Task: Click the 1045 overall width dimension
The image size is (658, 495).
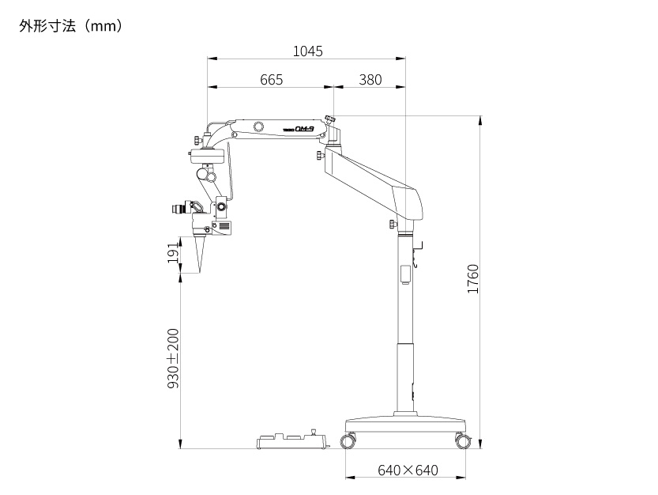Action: pyautogui.click(x=307, y=51)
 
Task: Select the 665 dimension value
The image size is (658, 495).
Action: pyautogui.click(x=272, y=79)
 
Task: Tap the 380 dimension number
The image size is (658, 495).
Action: pyautogui.click(x=370, y=79)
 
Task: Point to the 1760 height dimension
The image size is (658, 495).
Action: pyautogui.click(x=473, y=278)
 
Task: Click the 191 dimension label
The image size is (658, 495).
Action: pyautogui.click(x=173, y=253)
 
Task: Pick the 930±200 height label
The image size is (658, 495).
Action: pyautogui.click(x=173, y=358)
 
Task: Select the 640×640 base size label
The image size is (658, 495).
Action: pyautogui.click(x=408, y=470)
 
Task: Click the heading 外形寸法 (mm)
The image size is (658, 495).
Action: pyautogui.click(x=70, y=26)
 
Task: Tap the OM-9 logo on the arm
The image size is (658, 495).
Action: pyautogui.click(x=304, y=130)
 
